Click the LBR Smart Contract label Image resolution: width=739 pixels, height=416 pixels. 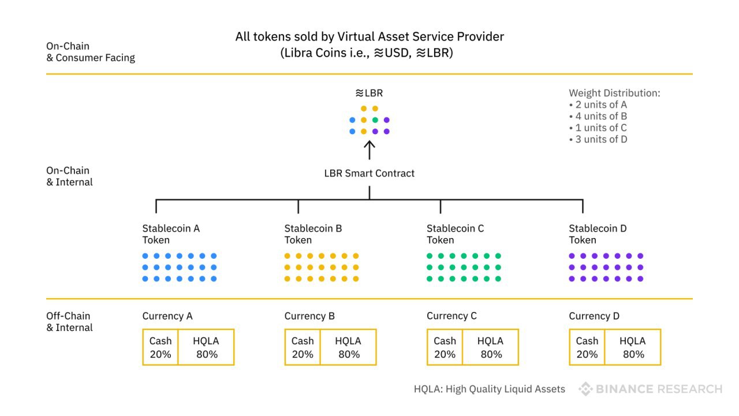(369, 173)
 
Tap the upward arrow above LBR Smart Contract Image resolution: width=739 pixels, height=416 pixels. (369, 150)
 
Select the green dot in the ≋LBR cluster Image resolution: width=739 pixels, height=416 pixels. (375, 120)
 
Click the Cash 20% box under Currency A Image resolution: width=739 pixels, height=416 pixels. (161, 347)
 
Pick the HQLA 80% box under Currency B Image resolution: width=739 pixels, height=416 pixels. (348, 347)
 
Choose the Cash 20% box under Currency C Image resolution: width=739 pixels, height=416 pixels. (445, 347)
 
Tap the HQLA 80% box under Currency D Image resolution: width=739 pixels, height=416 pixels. (633, 347)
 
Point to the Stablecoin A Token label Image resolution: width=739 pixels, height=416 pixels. (171, 234)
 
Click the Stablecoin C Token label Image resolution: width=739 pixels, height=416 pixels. (456, 234)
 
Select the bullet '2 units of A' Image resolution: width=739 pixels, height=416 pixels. (598, 105)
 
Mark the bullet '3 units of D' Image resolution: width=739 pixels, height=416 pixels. (598, 139)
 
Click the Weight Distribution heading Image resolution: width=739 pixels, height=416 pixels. (614, 93)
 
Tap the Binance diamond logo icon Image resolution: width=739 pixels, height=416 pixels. (586, 389)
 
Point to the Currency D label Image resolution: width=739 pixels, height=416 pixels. (594, 316)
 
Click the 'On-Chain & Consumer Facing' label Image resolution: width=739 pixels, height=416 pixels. (91, 52)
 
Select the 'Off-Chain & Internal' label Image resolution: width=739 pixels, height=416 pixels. (69, 322)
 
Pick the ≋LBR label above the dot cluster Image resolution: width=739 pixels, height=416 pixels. (369, 93)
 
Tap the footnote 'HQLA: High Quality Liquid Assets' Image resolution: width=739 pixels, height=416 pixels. (489, 389)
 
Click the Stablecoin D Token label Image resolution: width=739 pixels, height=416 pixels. (598, 234)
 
